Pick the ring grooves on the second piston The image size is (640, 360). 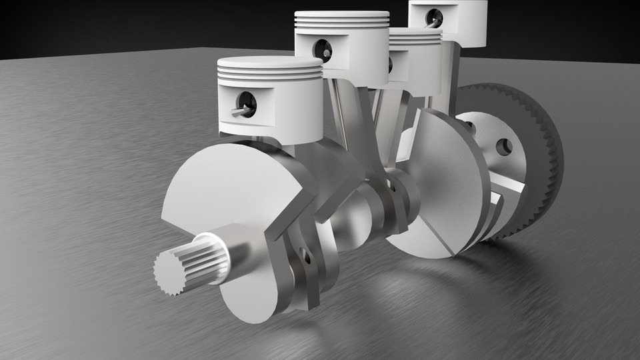tap(342, 25)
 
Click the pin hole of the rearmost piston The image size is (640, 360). tap(435, 17)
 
